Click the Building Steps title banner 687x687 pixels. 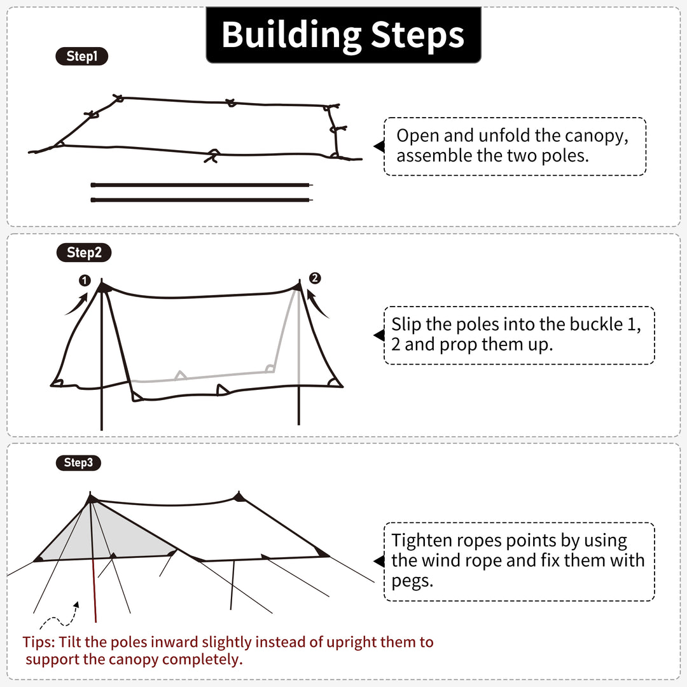343,35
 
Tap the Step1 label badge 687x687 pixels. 82,57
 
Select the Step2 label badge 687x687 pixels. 84,253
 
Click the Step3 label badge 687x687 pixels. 78,462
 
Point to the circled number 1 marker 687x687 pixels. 85,281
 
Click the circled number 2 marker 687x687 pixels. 315,278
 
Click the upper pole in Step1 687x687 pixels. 202,185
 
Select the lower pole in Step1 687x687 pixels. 202,200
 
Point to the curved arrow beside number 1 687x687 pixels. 75,304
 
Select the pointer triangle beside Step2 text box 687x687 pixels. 379,335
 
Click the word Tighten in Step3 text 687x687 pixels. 420,541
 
